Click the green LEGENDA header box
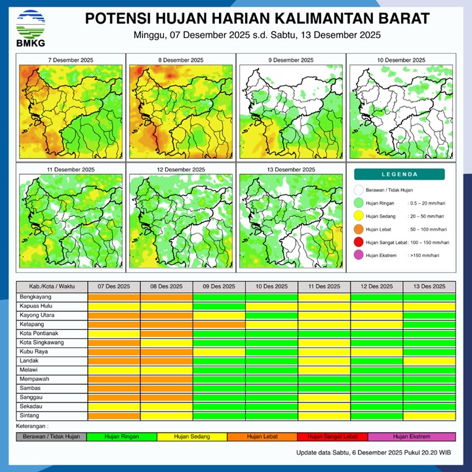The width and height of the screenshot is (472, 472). [x=399, y=174]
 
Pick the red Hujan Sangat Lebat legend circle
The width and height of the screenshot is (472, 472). [x=359, y=243]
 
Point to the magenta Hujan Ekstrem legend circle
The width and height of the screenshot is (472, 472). [x=359, y=256]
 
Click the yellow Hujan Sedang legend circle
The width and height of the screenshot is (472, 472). [x=359, y=216]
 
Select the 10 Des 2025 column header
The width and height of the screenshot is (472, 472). [x=271, y=287]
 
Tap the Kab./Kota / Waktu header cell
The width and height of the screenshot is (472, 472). [x=52, y=287]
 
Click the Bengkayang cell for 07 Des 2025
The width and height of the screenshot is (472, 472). [x=114, y=297]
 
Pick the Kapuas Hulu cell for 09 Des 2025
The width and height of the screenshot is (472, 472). [x=219, y=306]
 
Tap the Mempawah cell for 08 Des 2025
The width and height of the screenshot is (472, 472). [x=167, y=380]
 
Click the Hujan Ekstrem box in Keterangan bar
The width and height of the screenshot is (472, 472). [x=411, y=437]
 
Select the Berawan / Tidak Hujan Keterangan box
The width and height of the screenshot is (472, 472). [x=51, y=437]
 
